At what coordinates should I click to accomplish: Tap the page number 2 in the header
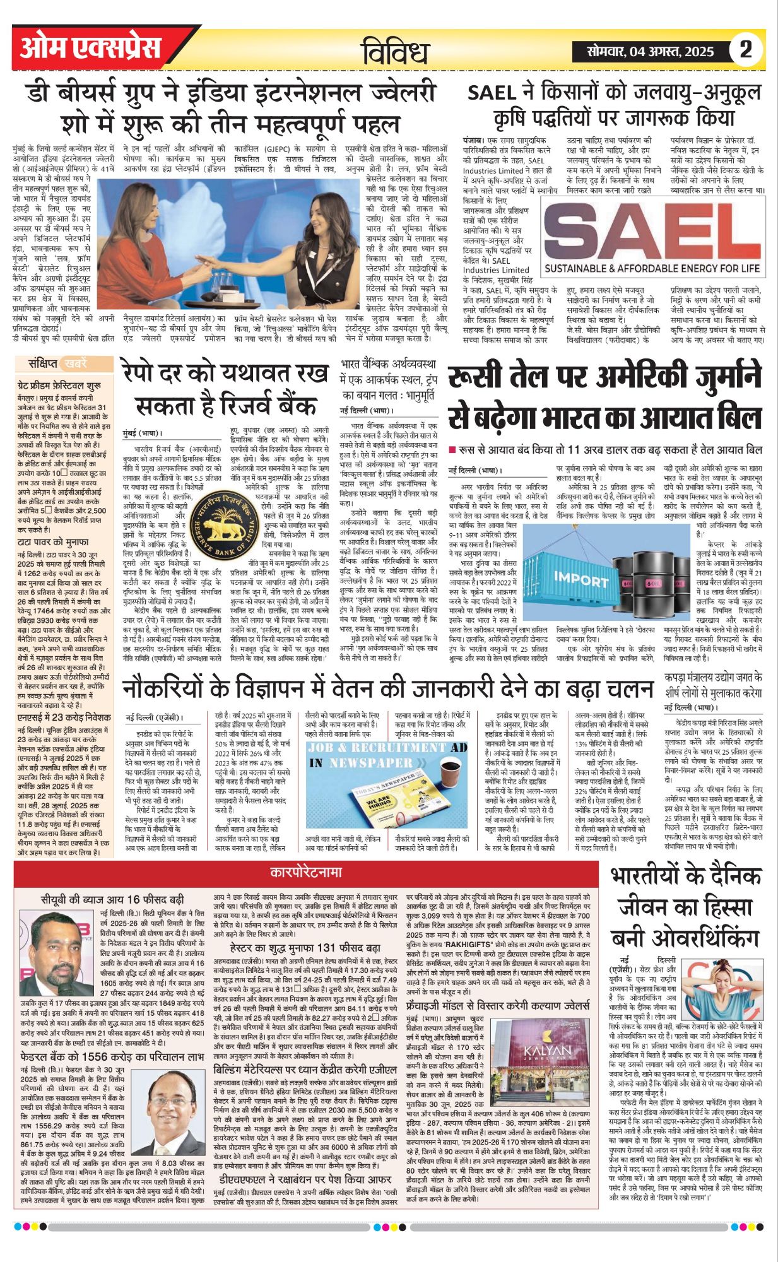(x=746, y=50)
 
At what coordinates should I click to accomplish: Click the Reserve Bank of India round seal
(x=216, y=517)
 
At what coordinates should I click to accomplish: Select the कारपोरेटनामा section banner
(x=306, y=873)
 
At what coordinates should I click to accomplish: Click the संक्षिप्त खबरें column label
(x=57, y=363)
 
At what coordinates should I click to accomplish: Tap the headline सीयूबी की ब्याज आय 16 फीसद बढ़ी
(x=112, y=899)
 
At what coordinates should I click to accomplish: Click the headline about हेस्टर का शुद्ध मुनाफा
(x=304, y=948)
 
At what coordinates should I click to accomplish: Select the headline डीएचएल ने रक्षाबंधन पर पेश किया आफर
(x=302, y=1179)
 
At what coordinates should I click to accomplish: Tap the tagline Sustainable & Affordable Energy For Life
(x=652, y=268)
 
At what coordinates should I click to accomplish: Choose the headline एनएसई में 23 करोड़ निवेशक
(x=64, y=717)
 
